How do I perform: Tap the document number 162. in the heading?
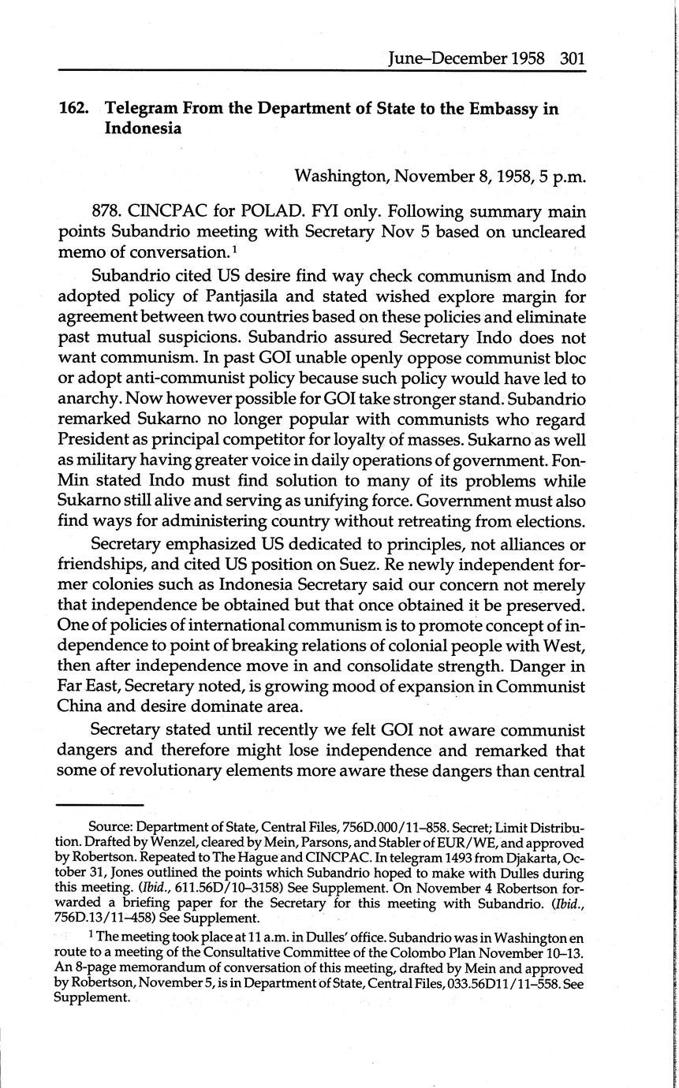[x=75, y=109]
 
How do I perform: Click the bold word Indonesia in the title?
[x=143, y=129]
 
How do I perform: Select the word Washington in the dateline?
[x=341, y=177]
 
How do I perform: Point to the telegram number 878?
[x=107, y=212]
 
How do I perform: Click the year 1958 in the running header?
[x=531, y=58]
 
